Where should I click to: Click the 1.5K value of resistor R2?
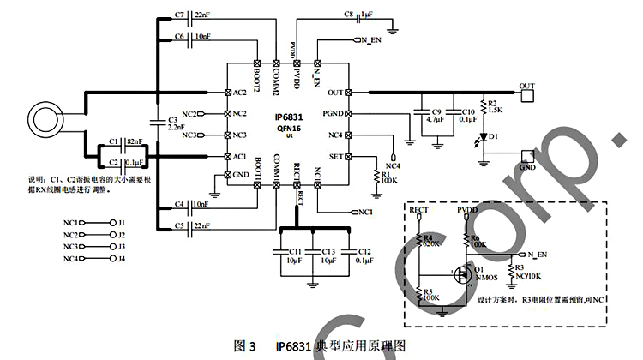pyautogui.click(x=496, y=110)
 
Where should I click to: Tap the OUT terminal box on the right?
pyautogui.click(x=527, y=86)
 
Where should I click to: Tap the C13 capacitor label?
pyautogui.click(x=328, y=250)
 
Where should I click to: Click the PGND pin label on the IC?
pyautogui.click(x=334, y=113)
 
